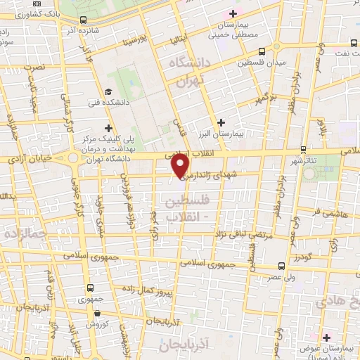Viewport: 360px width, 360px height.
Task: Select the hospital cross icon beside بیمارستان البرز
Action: [221, 122]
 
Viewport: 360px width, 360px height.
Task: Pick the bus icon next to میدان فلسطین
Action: [262, 51]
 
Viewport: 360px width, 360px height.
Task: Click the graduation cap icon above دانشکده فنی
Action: [108, 91]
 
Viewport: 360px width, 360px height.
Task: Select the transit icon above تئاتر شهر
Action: [303, 149]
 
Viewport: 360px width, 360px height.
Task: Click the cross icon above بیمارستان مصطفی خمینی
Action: [233, 13]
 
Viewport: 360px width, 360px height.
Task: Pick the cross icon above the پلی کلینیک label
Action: [108, 128]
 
